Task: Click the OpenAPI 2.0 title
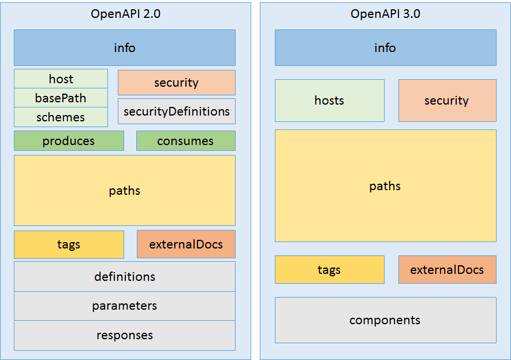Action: (x=125, y=14)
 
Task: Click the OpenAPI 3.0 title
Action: (x=385, y=14)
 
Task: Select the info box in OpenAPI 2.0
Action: (x=125, y=47)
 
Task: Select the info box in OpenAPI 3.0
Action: (x=385, y=47)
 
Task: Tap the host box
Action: (x=61, y=79)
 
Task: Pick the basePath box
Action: (x=61, y=98)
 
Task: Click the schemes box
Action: (x=61, y=117)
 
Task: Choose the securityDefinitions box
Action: (x=177, y=111)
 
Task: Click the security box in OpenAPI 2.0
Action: (x=177, y=83)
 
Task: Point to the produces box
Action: (x=69, y=141)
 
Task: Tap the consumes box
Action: (x=185, y=141)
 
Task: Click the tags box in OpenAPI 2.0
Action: (x=69, y=244)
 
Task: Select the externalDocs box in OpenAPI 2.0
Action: (x=186, y=244)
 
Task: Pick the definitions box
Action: (x=125, y=277)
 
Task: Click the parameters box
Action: (x=125, y=306)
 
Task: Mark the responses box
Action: (x=125, y=335)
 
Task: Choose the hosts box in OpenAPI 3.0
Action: (x=329, y=101)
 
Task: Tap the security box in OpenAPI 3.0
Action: (x=447, y=101)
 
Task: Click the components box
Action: (x=385, y=320)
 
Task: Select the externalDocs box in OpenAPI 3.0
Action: (x=447, y=270)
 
